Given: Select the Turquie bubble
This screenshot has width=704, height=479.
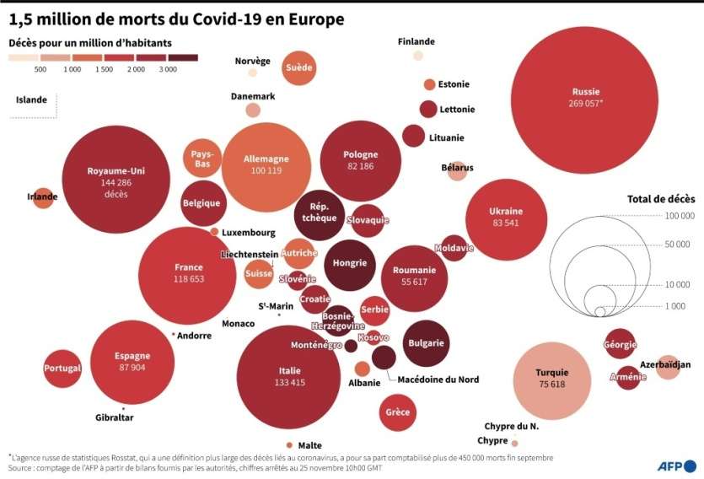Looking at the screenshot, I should click(551, 380).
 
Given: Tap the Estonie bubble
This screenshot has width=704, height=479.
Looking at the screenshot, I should click(429, 84).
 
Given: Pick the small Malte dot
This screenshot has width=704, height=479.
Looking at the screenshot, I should click(289, 444).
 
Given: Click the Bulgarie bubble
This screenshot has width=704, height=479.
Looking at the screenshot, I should click(425, 343).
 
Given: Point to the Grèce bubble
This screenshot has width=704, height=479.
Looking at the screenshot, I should click(397, 412).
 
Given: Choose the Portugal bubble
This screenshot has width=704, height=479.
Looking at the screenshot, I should click(62, 369).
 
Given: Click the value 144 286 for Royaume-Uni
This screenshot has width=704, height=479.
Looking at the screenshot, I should click(116, 182).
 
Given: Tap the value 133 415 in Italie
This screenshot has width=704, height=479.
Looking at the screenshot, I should click(289, 382).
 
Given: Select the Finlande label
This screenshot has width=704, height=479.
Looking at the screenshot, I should click(416, 41).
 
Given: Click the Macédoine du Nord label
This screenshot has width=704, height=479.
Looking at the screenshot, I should click(438, 379).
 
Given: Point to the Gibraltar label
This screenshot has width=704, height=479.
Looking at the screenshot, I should click(115, 417).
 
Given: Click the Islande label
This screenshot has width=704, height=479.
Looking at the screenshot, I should click(31, 100).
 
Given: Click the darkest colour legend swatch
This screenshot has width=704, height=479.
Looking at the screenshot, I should click(183, 57).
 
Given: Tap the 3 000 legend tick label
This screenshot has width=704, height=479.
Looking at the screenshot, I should click(167, 70).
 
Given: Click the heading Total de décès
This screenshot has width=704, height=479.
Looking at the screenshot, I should click(661, 199).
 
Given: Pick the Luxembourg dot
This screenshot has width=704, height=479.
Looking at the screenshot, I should click(214, 231).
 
